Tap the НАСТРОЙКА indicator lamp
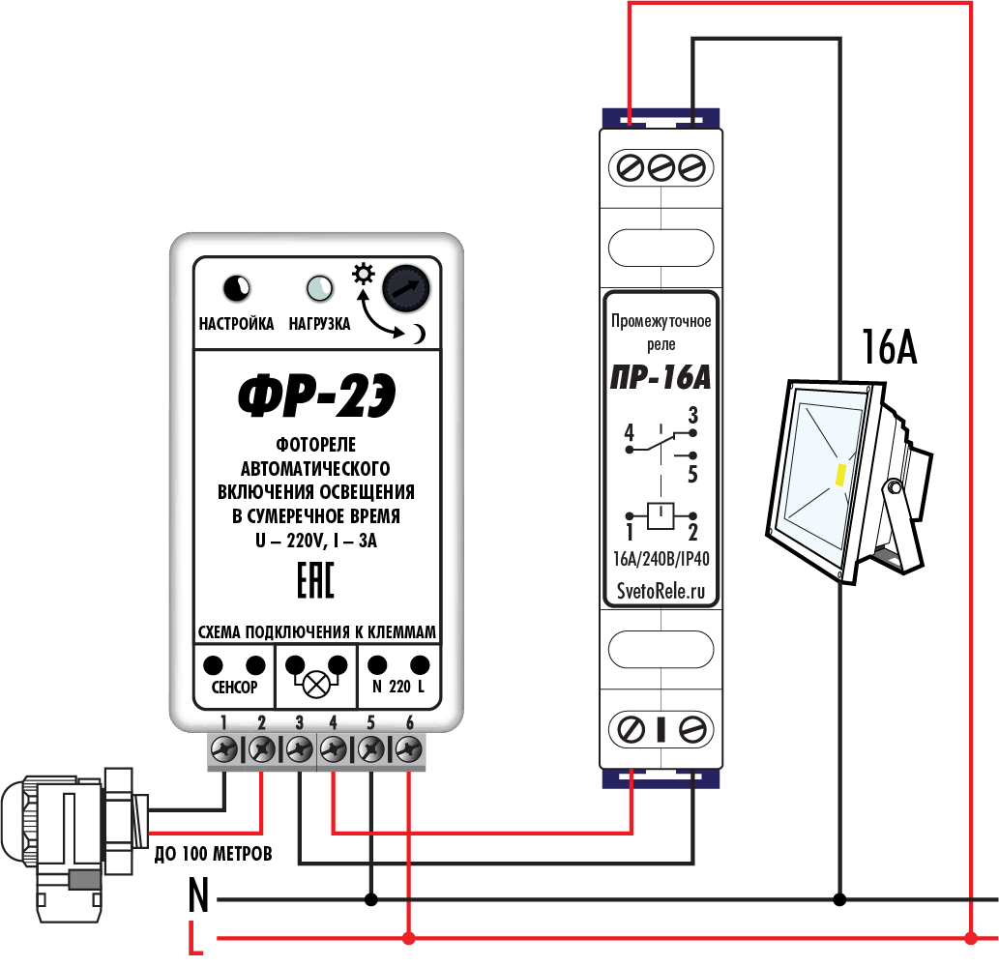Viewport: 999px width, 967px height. [236, 287]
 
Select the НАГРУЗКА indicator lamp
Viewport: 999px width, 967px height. [319, 287]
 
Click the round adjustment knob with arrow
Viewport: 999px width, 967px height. [405, 287]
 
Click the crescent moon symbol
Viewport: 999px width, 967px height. [418, 334]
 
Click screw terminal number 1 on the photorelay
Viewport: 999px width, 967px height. [224, 748]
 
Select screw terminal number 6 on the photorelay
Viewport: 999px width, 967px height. [409, 748]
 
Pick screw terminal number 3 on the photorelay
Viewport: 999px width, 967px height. [299, 748]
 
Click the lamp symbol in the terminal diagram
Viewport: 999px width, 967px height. [315, 685]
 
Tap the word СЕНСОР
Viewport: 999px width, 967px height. [234, 689]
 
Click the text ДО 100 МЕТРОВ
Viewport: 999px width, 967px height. [214, 854]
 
